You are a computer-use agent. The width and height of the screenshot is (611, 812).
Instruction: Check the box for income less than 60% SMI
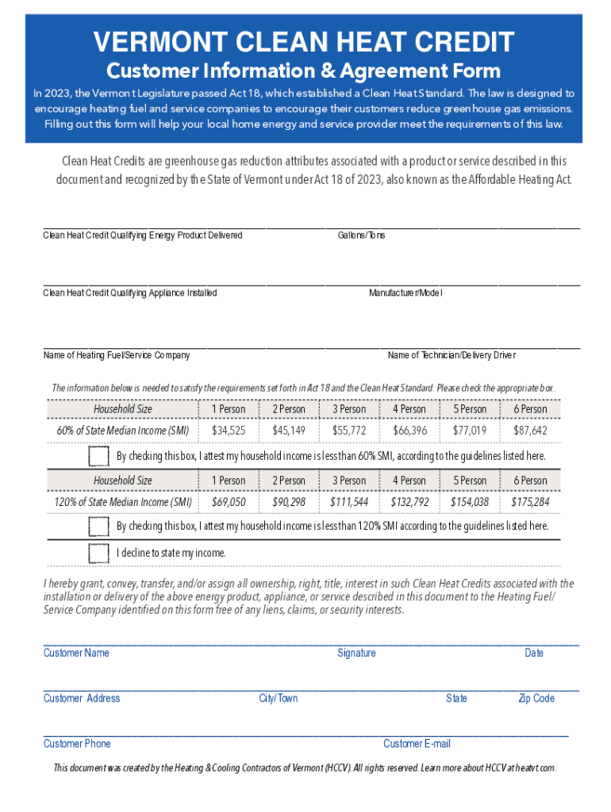point(99,456)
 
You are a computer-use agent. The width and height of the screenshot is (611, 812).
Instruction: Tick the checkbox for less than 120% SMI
point(99,527)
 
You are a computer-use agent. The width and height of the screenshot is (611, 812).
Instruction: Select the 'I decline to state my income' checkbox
point(99,553)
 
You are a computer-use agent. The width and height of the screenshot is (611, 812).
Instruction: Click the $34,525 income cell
point(229,431)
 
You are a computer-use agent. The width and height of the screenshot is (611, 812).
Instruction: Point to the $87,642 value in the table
point(530,431)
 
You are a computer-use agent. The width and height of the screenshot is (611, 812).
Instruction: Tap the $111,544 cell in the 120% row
point(349,502)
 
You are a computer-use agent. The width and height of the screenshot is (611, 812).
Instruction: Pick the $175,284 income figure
point(530,502)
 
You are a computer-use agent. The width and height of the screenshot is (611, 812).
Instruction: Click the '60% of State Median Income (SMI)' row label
point(123,431)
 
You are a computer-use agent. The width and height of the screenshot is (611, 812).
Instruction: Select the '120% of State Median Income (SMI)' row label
point(123,502)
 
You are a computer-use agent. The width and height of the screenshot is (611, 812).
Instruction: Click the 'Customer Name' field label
point(76,653)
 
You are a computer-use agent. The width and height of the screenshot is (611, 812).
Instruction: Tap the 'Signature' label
point(356,653)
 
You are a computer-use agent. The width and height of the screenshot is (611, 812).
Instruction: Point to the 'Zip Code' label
point(536,698)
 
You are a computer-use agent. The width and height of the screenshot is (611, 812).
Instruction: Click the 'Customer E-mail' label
point(417,743)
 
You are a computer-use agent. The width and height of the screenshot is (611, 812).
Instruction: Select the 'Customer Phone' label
point(77,743)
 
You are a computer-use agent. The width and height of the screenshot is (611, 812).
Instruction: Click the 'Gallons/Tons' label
point(361,236)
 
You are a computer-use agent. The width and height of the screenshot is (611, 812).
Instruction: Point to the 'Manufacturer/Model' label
point(405,293)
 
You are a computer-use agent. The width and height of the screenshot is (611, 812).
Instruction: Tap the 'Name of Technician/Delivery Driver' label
point(452,355)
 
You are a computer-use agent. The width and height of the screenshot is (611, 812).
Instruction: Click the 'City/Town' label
point(279,698)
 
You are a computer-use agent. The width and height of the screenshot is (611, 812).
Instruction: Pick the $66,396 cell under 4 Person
point(409,431)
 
